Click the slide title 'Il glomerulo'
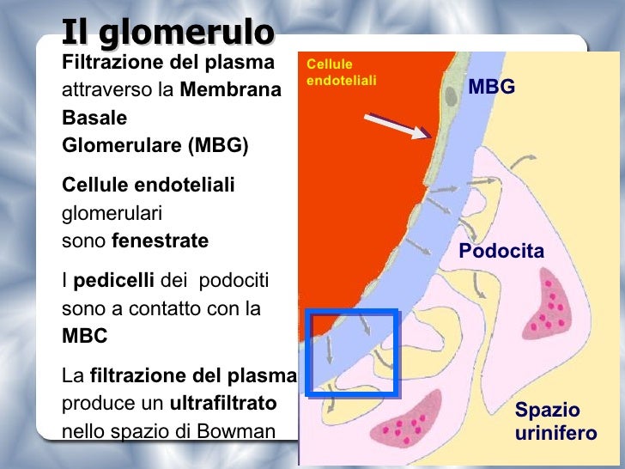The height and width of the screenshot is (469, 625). point(167,33)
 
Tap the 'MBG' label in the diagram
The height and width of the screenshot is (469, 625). point(491,87)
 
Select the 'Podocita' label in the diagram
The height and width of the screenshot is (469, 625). point(501,252)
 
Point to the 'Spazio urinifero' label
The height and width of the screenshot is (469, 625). point(555,422)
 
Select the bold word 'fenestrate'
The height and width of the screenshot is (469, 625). point(161,241)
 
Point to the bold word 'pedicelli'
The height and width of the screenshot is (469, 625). point(114,281)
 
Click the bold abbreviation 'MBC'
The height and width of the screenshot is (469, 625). point(85,336)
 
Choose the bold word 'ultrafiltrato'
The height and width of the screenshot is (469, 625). point(223,402)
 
